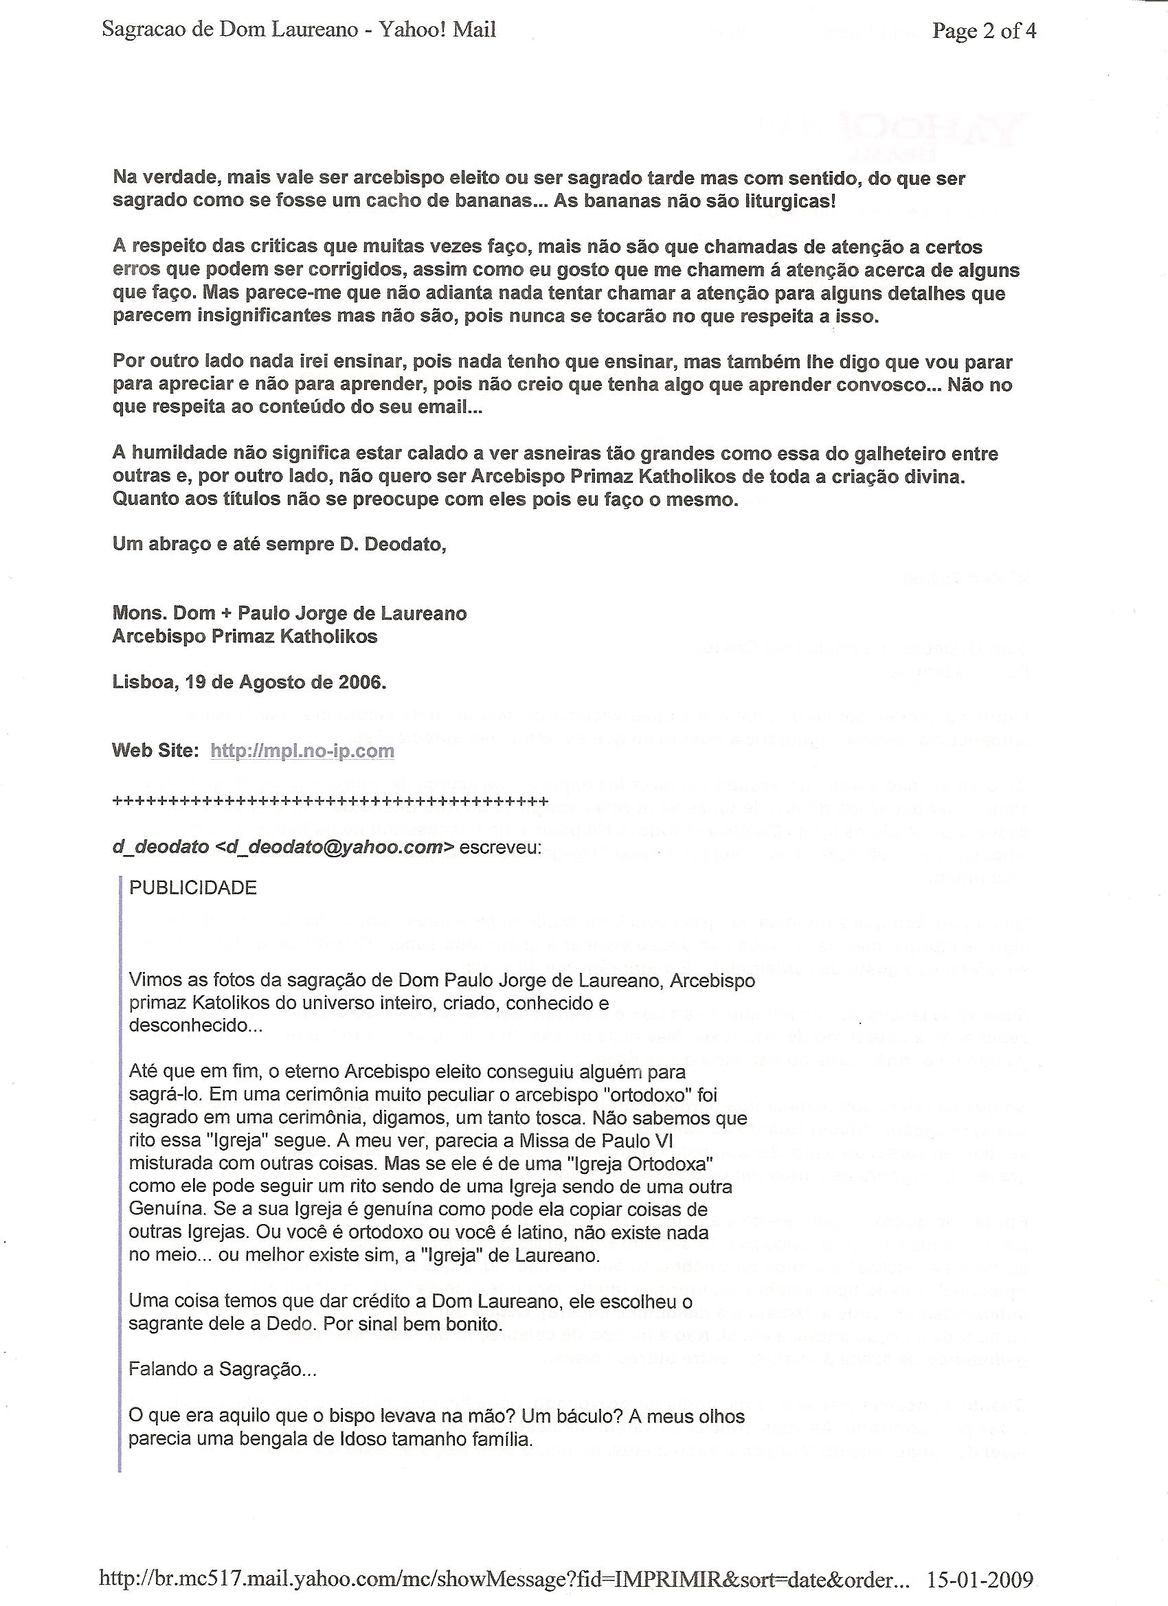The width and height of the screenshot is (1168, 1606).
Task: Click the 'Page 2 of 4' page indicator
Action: [984, 30]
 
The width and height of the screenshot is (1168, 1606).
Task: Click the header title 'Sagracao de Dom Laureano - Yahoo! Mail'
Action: [299, 30]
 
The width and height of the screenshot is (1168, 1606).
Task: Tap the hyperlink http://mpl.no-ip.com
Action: [302, 751]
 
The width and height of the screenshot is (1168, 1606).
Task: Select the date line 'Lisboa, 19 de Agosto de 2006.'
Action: [249, 682]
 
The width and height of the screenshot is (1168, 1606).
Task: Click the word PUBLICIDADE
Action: [192, 888]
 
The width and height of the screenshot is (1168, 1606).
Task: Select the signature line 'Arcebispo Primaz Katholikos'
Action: [245, 637]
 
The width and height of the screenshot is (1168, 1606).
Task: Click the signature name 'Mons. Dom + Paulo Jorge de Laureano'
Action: [289, 613]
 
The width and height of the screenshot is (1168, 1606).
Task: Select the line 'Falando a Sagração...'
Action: [223, 1370]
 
